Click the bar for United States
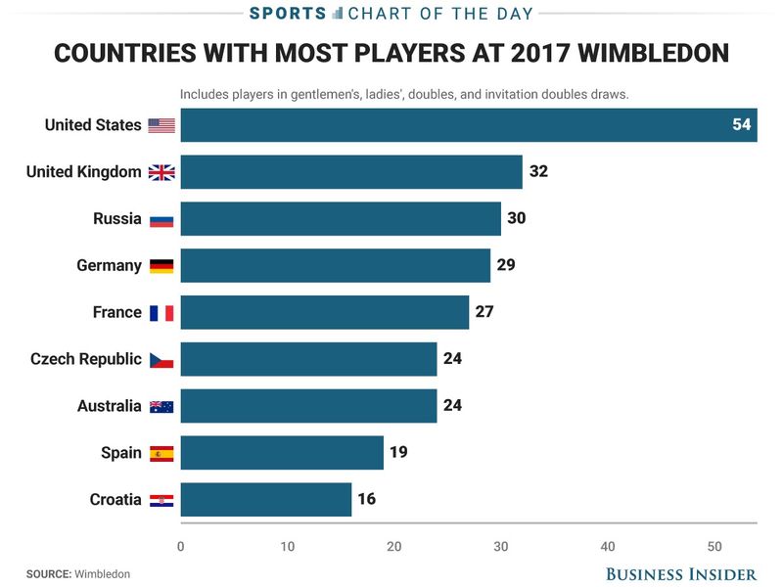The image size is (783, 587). click(468, 125)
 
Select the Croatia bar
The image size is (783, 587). click(265, 499)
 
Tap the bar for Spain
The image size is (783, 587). click(282, 453)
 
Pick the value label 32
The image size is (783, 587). click(538, 171)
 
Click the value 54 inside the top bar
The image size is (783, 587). click(741, 125)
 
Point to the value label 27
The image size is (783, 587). click(484, 312)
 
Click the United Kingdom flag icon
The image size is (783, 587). click(161, 172)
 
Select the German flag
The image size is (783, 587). click(161, 266)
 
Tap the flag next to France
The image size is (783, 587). click(161, 313)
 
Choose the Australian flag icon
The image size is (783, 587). click(161, 406)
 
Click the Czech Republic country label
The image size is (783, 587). click(86, 359)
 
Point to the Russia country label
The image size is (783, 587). click(117, 218)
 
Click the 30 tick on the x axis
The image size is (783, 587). click(500, 546)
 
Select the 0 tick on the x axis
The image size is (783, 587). click(181, 546)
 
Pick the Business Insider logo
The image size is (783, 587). click(681, 573)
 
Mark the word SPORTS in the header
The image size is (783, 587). click(287, 13)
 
